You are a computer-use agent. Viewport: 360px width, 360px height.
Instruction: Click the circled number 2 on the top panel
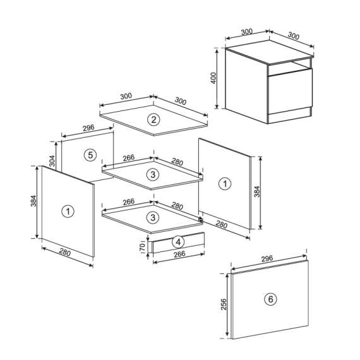153,119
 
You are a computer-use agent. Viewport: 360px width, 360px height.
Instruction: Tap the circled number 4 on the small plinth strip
179,241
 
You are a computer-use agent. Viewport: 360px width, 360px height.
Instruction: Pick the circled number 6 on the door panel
271,299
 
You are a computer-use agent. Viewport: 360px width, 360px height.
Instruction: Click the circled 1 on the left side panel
67,211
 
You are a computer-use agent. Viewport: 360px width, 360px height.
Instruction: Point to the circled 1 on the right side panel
224,184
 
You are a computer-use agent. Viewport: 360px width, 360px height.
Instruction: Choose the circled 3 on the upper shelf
152,174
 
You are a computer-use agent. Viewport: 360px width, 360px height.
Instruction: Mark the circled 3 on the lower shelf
152,217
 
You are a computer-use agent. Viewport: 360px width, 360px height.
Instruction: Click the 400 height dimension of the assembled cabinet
214,78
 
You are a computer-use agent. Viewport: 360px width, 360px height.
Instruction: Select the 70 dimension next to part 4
143,246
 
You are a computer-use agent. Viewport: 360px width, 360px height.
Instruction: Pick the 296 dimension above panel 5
88,128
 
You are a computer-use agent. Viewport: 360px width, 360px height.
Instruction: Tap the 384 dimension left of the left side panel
33,200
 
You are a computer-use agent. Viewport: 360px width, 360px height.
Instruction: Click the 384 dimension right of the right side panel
256,192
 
